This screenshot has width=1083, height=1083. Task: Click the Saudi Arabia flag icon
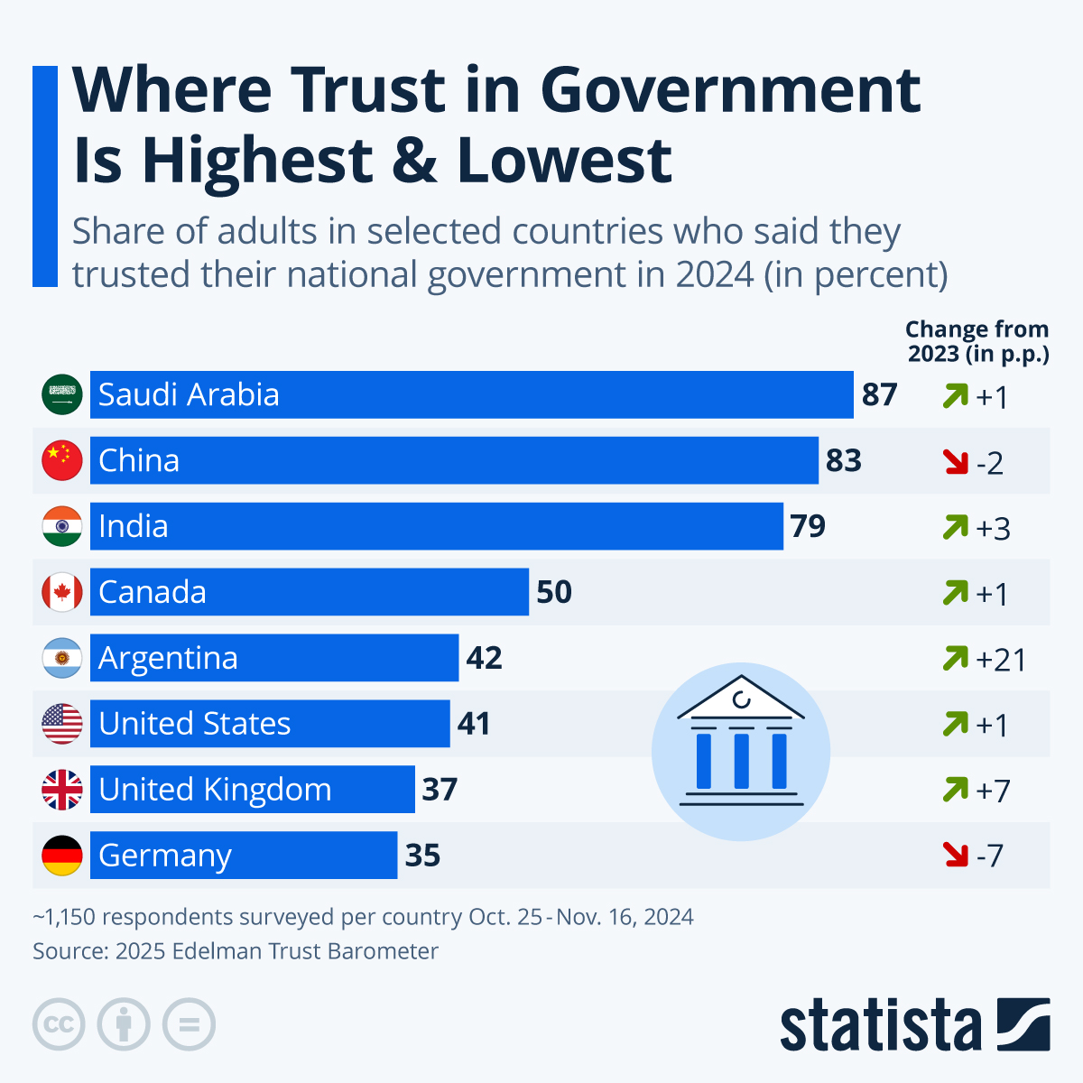pyautogui.click(x=62, y=394)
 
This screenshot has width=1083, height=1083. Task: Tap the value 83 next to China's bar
pyautogui.click(x=844, y=460)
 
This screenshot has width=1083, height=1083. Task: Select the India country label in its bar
pyautogui.click(x=134, y=526)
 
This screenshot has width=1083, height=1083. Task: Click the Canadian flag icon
pyautogui.click(x=62, y=592)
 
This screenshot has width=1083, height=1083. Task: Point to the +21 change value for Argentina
pyautogui.click(x=1001, y=660)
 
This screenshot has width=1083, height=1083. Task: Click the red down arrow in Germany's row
pyautogui.click(x=955, y=854)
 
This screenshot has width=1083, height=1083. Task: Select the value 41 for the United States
pyautogui.click(x=474, y=724)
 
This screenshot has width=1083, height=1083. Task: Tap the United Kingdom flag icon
pyautogui.click(x=62, y=790)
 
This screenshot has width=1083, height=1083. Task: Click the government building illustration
pyautogui.click(x=740, y=751)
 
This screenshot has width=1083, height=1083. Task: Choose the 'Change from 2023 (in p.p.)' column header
pyautogui.click(x=977, y=341)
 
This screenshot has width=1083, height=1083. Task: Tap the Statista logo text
pyautogui.click(x=880, y=1026)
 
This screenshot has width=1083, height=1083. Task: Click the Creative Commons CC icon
pyautogui.click(x=59, y=1025)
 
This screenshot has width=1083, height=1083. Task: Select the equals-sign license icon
pyautogui.click(x=189, y=1025)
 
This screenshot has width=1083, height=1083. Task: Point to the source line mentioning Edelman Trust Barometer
pyautogui.click(x=236, y=951)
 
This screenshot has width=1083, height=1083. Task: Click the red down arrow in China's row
pyautogui.click(x=955, y=462)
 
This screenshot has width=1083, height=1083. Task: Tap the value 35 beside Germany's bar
pyautogui.click(x=422, y=855)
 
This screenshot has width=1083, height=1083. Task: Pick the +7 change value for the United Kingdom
pyautogui.click(x=993, y=791)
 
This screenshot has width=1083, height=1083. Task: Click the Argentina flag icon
pyautogui.click(x=62, y=658)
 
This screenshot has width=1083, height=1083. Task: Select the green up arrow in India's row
pyautogui.click(x=955, y=526)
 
